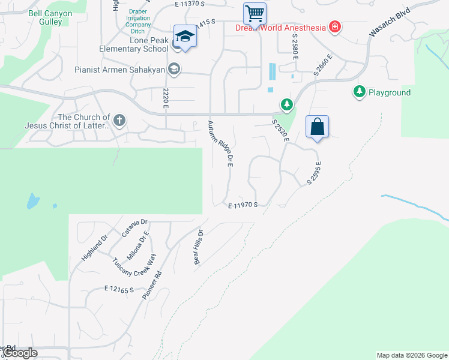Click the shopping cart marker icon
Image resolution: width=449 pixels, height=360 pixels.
pos(255,13)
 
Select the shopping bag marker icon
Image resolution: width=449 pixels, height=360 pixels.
pos(317,127)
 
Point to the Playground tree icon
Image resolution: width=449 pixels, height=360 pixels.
pos(359,92)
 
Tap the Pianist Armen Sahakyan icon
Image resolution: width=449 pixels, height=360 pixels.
pos(174,69)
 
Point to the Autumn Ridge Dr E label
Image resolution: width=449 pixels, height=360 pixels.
pos(220,143)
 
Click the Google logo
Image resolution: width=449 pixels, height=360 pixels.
pos(20,353)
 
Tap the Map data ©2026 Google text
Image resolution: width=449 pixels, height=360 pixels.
pos(412,355)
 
